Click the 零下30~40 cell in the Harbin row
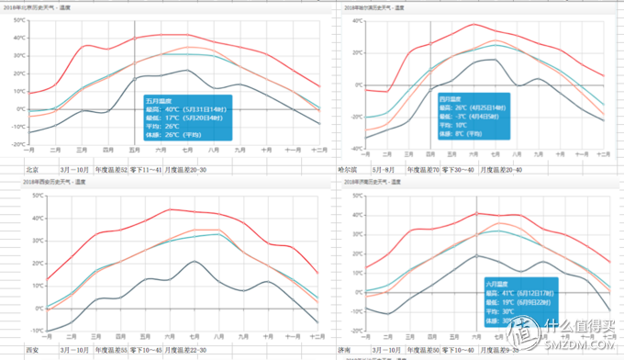point(459,170)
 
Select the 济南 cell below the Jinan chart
point(349,350)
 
